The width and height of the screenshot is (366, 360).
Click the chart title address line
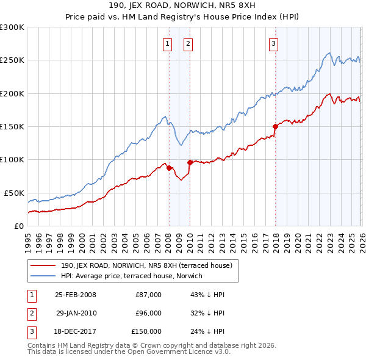(183, 7)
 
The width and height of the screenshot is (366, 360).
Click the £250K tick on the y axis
(12, 60)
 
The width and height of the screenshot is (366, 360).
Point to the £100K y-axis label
(12, 159)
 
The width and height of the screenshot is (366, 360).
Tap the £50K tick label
(14, 193)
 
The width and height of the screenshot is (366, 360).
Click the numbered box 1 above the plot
(168, 43)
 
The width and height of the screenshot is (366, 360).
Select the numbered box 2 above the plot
(188, 43)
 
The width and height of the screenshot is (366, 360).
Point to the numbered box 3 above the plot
(274, 43)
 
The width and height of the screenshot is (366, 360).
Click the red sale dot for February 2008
(169, 168)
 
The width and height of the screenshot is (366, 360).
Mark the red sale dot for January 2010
(190, 162)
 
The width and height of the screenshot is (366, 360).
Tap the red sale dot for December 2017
(275, 127)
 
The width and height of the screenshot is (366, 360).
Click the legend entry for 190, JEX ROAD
(146, 266)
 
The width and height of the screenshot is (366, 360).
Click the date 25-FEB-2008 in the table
(76, 295)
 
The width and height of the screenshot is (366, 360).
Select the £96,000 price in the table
(148, 313)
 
